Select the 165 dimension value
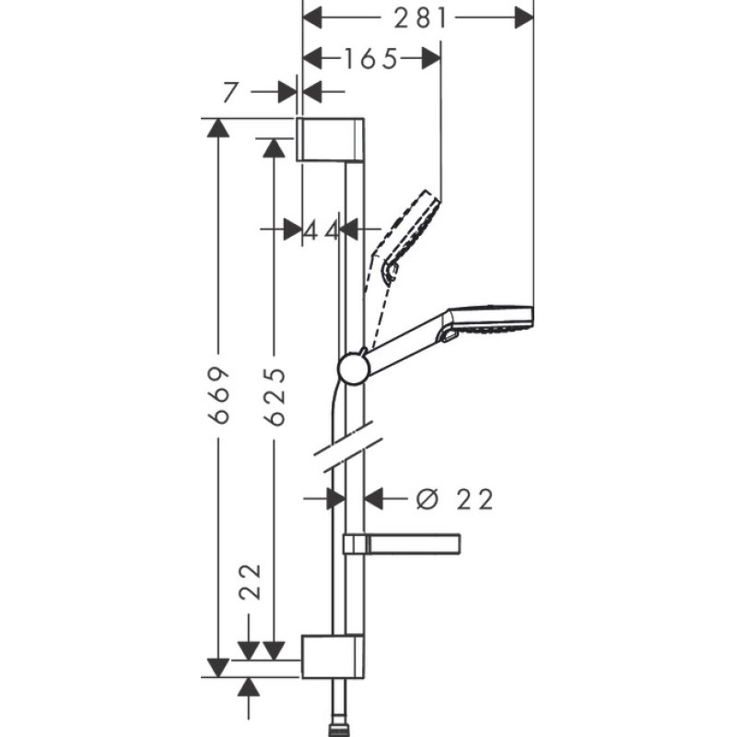pyautogui.click(x=371, y=59)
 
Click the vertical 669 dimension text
pyautogui.click(x=218, y=395)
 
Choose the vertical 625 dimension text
pyautogui.click(x=274, y=395)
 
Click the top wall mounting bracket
pyautogui.click(x=333, y=139)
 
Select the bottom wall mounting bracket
pyautogui.click(x=333, y=656)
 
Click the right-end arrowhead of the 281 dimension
pyautogui.click(x=523, y=17)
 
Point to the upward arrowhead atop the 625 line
pyautogui.click(x=274, y=147)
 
